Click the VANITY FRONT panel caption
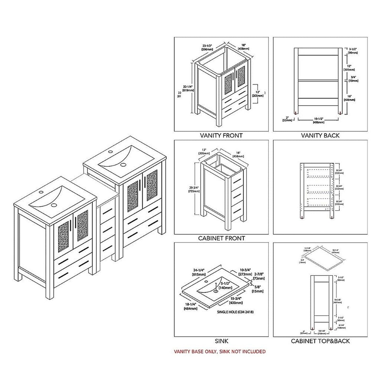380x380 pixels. pos(221,136)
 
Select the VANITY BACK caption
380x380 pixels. pos(320,136)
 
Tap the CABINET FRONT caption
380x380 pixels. pos(221,238)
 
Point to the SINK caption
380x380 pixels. pos(221,341)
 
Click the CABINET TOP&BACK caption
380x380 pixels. pos(320,341)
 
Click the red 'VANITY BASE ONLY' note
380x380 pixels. pos(220,351)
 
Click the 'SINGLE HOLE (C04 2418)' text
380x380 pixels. pos(235,312)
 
